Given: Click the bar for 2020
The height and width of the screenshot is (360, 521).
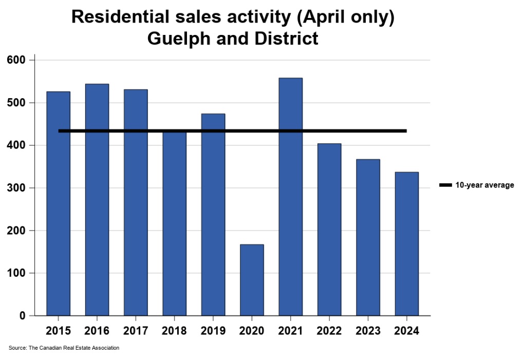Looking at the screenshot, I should click(x=252, y=280).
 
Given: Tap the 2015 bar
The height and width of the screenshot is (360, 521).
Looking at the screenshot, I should click(x=58, y=203).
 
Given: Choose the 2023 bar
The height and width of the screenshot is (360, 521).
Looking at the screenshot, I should click(x=368, y=237).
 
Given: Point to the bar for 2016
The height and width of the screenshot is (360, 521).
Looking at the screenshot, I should click(x=97, y=200).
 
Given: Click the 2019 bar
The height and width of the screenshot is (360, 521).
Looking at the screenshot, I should click(x=213, y=215).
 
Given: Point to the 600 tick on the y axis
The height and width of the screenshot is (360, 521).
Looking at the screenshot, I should click(x=20, y=60).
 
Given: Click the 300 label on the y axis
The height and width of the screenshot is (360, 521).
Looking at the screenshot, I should click(x=20, y=188).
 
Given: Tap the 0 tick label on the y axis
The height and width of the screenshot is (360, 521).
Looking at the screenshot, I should click(x=23, y=316).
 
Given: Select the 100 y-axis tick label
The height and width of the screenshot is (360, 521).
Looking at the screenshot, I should click(x=20, y=273).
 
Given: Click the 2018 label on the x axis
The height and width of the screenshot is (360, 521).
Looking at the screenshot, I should click(x=174, y=331).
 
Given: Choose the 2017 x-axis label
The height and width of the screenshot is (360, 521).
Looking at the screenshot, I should click(x=136, y=331).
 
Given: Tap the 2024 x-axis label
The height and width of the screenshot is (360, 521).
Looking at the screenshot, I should click(x=406, y=331).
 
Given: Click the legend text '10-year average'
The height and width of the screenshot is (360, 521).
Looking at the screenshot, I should click(x=485, y=185).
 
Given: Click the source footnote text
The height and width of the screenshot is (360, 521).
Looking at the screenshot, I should click(x=64, y=348).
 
